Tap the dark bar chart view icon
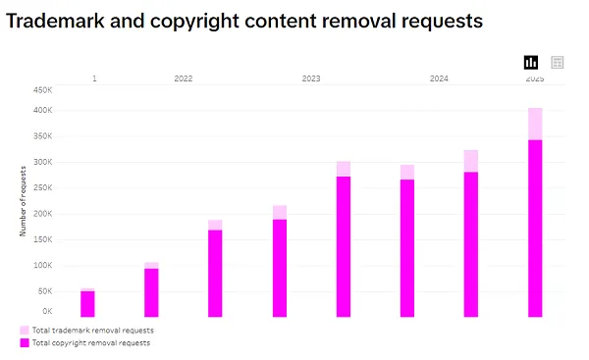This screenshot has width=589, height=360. pyautogui.click(x=531, y=62)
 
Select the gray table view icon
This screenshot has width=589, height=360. pyautogui.click(x=558, y=62)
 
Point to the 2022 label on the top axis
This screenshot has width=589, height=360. pyautogui.click(x=184, y=77)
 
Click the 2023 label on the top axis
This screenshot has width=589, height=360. pyautogui.click(x=311, y=77)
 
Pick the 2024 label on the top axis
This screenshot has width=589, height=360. pyautogui.click(x=439, y=77)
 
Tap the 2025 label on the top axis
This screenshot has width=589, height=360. pyautogui.click(x=535, y=77)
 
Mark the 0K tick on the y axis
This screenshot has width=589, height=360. pyautogui.click(x=46, y=311)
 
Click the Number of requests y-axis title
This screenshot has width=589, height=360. pyautogui.click(x=23, y=201)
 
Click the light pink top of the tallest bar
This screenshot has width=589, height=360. pyautogui.click(x=535, y=124)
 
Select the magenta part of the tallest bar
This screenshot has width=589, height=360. pyautogui.click(x=535, y=231)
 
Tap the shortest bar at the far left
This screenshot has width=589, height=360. pyautogui.click(x=87, y=304)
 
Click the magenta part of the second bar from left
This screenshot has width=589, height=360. pyautogui.click(x=151, y=292)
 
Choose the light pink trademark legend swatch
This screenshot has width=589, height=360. pyautogui.click(x=25, y=331)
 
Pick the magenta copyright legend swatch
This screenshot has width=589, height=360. pyautogui.click(x=25, y=343)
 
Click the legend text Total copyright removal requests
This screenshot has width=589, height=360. pyautogui.click(x=92, y=343)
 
